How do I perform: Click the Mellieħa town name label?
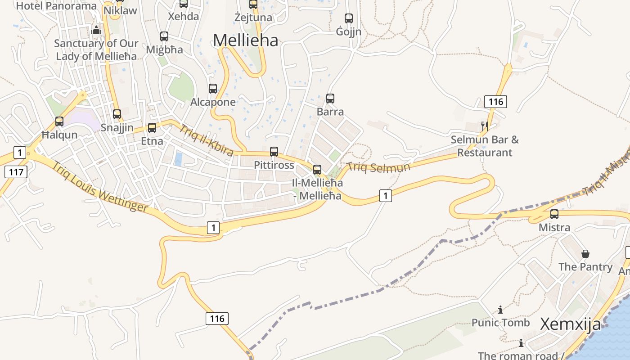[x=245, y=40]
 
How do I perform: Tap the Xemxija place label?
[x=570, y=324]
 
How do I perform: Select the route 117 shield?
[x=16, y=171]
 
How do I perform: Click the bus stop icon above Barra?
[x=330, y=98]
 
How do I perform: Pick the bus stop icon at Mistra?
[x=554, y=214]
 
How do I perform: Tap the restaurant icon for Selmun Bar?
[x=484, y=126]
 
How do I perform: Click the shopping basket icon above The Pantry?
[x=585, y=254]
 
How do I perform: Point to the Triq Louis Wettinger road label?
[x=99, y=186]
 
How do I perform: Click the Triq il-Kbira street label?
[x=206, y=140]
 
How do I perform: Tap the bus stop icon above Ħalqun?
[x=59, y=121]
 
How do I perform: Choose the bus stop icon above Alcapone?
[x=213, y=89]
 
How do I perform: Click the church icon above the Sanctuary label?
[x=96, y=30]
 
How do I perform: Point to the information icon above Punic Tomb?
[x=500, y=310]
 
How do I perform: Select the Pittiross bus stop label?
[x=274, y=165]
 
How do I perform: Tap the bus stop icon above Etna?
[x=152, y=127]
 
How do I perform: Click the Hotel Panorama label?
[x=56, y=6]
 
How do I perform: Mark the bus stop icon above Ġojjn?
[x=349, y=18]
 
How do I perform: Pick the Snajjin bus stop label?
[x=117, y=128]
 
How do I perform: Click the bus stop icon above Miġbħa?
[x=164, y=36]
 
